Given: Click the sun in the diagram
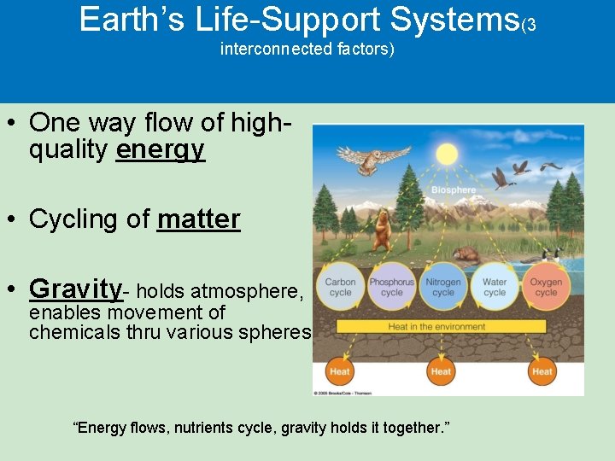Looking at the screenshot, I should pos(447,155).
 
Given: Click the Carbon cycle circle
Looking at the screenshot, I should pos(340,287).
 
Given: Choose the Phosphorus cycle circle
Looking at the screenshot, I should pos(391,287).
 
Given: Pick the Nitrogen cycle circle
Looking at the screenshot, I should pos(443,287).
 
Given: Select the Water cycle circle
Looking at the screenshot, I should pos(495,287).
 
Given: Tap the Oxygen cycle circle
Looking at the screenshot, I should pos(546,287).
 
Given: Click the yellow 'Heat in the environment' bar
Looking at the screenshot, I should pos(448,326).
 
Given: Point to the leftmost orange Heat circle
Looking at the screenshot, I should pos(340,371).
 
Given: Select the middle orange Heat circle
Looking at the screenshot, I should pos(441,371).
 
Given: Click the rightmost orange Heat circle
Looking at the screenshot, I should pos(542,371).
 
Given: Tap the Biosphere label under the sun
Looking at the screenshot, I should pos(454,190).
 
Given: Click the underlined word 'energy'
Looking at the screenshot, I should pos(161,150).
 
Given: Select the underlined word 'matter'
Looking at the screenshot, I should pos(198,219).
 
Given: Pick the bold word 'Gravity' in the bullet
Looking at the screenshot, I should pos(76,289).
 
